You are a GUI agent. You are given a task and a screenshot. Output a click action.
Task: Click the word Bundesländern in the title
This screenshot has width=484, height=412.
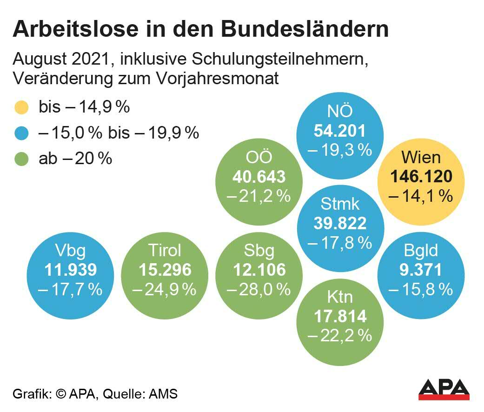click(x=305, y=29)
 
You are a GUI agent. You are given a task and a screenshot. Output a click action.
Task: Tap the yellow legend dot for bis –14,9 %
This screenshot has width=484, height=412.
click(x=22, y=108)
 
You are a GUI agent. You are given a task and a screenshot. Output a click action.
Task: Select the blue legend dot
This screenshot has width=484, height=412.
click(x=22, y=134)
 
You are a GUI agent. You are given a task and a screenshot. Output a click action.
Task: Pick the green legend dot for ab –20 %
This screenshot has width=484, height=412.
click(x=22, y=159)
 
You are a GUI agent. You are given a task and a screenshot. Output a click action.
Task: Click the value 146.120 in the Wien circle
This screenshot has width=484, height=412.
click(x=421, y=177)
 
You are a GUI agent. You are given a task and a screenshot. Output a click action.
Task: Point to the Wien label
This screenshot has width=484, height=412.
click(x=421, y=157)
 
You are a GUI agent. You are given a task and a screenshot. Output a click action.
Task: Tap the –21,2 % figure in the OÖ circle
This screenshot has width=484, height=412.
click(x=259, y=196)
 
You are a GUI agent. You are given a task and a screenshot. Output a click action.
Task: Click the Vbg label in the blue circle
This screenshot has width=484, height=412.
click(x=70, y=251)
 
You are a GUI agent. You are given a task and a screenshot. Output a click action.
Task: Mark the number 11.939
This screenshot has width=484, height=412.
click(x=70, y=270)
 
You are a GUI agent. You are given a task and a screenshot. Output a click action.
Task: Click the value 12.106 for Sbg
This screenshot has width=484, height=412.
click(x=259, y=270)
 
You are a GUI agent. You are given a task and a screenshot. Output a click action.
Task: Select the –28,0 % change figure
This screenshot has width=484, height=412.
click(x=259, y=290)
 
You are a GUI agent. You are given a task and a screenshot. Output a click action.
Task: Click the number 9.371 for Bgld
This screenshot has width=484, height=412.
click(x=421, y=270)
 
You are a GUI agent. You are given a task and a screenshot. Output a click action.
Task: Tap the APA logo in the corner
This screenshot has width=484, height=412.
click(x=444, y=389)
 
